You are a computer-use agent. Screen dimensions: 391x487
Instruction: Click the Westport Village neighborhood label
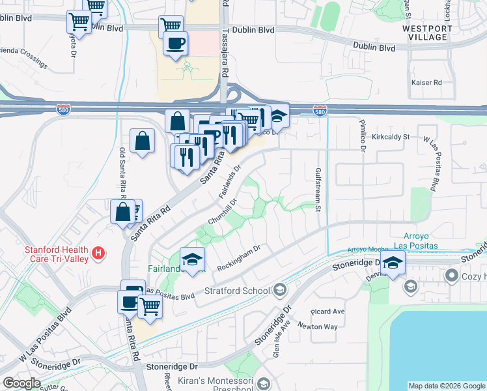click(x=425, y=33)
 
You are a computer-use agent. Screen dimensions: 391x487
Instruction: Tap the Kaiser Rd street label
click(x=426, y=83)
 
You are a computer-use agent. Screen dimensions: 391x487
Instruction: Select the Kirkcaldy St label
click(x=391, y=138)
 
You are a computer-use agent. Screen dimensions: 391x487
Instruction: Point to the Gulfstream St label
click(x=318, y=189)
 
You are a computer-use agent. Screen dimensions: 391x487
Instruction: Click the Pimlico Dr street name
click(x=362, y=136)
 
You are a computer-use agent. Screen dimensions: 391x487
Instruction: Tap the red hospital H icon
click(x=98, y=253)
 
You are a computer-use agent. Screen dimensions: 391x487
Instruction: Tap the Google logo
click(x=21, y=383)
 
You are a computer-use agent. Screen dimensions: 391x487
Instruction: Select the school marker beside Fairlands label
click(x=192, y=259)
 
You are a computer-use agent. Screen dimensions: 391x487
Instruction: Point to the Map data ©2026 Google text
click(x=446, y=386)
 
